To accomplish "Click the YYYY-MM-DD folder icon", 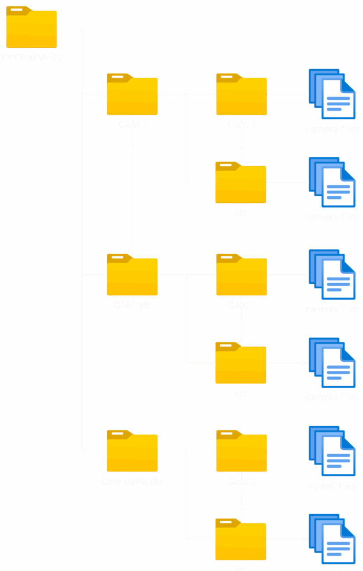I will coord(31,29).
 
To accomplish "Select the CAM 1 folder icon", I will coord(132,96).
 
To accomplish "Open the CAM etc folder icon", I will coord(132,276).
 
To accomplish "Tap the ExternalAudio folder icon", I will coord(132,452).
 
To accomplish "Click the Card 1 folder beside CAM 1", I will coord(242,96).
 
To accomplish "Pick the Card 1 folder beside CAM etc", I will coord(242,276).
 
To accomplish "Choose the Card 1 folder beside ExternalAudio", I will coord(242,452).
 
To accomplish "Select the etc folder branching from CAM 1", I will coord(241,183).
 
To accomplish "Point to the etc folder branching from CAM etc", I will coord(241,364).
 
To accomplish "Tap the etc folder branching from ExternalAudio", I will coord(241,540).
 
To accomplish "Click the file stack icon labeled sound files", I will coord(332,452).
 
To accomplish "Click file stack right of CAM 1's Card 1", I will coord(332,94).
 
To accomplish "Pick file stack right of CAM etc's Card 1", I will coord(332,275).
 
